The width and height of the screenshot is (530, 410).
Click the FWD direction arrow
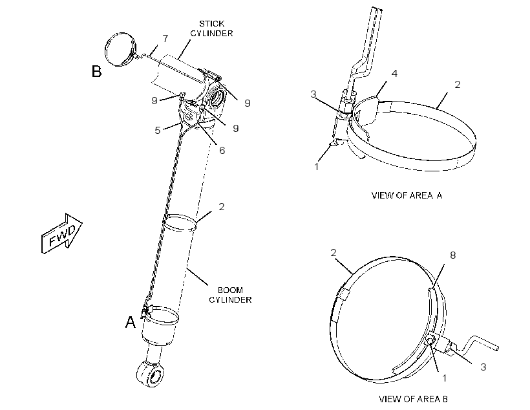[62, 233]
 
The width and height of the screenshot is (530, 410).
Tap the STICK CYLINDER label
[211, 28]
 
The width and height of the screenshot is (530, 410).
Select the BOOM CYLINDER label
[230, 295]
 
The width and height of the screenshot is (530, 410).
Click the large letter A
[130, 323]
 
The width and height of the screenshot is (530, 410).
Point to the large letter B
[97, 71]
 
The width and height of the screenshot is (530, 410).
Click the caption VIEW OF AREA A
[407, 195]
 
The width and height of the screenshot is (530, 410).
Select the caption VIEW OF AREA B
[413, 399]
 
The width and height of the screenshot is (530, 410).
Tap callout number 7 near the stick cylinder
[165, 39]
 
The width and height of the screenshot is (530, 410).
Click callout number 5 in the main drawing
[158, 130]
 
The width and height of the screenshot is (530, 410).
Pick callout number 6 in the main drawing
[222, 150]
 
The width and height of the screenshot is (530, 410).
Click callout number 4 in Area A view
[394, 74]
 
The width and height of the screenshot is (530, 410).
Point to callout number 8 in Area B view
[453, 255]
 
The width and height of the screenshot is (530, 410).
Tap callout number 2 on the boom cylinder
[222, 206]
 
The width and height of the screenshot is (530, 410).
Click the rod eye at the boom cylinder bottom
[151, 374]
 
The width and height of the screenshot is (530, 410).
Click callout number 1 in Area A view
[316, 167]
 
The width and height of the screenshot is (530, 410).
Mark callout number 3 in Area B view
[483, 367]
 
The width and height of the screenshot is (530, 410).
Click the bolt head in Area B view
[430, 341]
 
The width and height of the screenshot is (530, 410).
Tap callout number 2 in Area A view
[458, 84]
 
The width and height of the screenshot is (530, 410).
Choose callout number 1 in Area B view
[445, 378]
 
